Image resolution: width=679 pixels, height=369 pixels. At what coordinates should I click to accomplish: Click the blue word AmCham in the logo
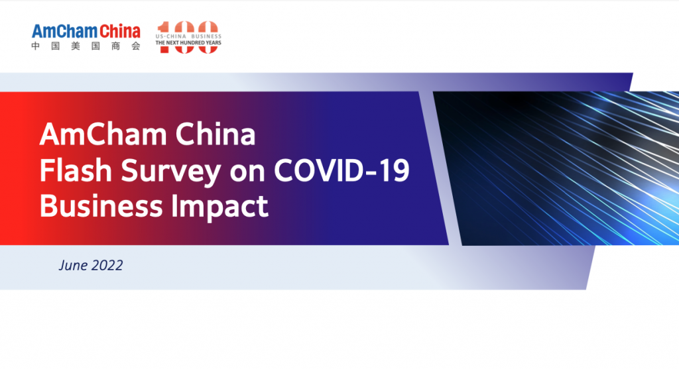tap(64, 32)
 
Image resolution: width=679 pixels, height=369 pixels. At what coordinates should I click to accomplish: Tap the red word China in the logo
tap(120, 32)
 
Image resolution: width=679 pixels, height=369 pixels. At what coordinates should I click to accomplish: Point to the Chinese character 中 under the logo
tap(36, 46)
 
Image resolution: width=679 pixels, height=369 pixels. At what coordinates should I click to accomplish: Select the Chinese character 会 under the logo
tap(137, 46)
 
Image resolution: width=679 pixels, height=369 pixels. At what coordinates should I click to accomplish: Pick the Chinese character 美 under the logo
tap(76, 46)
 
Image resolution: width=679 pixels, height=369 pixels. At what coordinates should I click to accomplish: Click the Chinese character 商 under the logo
tap(116, 46)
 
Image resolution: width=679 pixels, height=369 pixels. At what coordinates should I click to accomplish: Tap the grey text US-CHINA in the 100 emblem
tap(171, 37)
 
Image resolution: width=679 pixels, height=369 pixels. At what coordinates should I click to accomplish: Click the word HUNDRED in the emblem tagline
tap(195, 43)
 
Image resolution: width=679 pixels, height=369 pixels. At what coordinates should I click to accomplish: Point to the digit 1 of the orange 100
tap(164, 37)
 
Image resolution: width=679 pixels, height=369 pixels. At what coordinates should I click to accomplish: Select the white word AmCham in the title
tap(103, 134)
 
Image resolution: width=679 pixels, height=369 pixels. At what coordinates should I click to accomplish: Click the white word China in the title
tap(216, 134)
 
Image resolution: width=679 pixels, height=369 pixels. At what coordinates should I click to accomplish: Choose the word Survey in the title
tap(171, 172)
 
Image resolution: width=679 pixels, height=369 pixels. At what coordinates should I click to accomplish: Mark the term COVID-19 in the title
tap(341, 170)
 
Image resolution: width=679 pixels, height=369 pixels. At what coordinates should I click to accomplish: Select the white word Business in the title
tap(101, 206)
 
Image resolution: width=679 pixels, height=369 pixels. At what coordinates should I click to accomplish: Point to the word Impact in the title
tap(219, 207)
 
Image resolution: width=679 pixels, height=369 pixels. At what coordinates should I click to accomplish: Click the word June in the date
tap(73, 265)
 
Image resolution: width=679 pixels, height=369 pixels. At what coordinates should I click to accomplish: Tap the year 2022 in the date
tap(107, 265)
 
